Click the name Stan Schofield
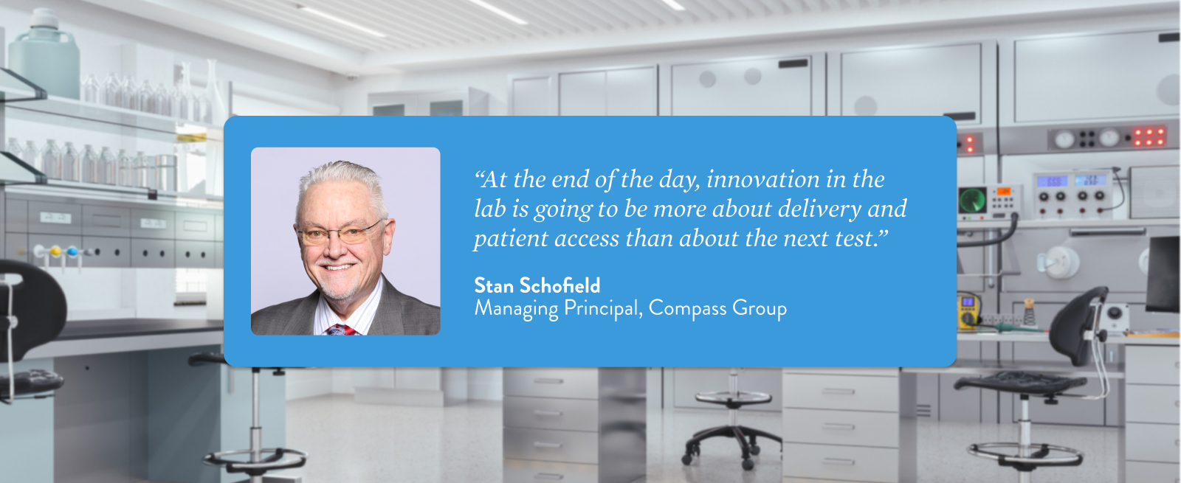pyautogui.click(x=537, y=285)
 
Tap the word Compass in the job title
pyautogui.click(x=687, y=309)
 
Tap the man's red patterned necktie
pyautogui.click(x=342, y=330)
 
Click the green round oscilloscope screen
pyautogui.click(x=972, y=201)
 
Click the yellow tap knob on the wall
pyautogui.click(x=55, y=251)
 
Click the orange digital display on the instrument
pyautogui.click(x=1003, y=192)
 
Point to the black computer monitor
pyautogui.click(x=1163, y=274)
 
